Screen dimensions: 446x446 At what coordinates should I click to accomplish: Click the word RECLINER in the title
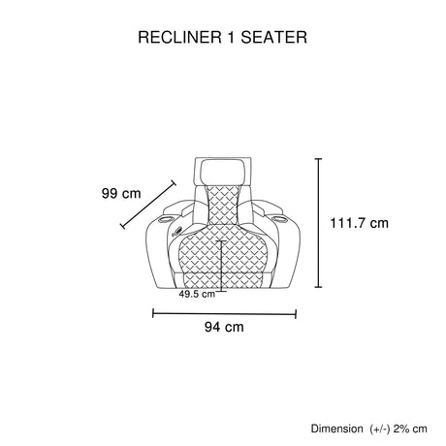click(x=180, y=37)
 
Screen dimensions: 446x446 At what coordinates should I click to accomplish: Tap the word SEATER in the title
click(x=273, y=37)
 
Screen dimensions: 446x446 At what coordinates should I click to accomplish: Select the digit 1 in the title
click(x=231, y=37)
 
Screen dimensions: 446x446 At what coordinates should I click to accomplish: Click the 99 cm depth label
click(x=121, y=194)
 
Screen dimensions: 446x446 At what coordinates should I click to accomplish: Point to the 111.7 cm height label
click(x=359, y=223)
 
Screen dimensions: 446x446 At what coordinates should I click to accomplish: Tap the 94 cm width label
click(x=224, y=327)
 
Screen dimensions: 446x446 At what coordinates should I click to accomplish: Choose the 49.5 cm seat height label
click(x=197, y=294)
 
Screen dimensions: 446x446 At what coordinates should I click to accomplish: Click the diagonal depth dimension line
click(x=148, y=205)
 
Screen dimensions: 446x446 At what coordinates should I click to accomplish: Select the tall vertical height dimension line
click(x=318, y=223)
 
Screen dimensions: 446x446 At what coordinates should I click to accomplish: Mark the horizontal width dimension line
click(x=224, y=313)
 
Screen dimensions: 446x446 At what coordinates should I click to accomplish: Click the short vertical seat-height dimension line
click(x=221, y=266)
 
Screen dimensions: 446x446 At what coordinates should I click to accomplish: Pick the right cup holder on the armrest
click(x=277, y=219)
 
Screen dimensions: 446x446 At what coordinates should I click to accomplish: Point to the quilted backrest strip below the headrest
click(x=222, y=205)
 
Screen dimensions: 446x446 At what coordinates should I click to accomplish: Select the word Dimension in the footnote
click(x=336, y=429)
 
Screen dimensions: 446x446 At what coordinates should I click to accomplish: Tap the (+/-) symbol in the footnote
click(x=380, y=430)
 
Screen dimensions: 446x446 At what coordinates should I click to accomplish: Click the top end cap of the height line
click(x=318, y=159)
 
